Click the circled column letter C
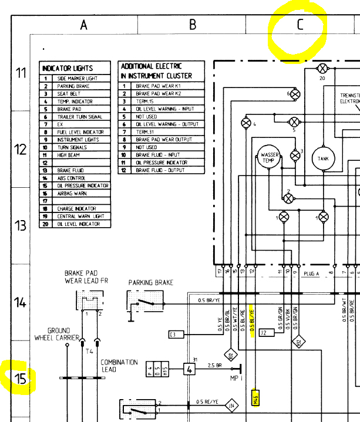tap(300, 25)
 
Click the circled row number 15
tap(21, 379)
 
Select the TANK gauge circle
tap(323, 158)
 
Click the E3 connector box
tap(176, 335)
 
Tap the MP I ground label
tap(236, 379)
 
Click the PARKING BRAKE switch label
tap(151, 283)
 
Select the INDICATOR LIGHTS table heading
tap(68, 68)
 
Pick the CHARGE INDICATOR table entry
tap(76, 208)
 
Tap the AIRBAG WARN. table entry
tap(73, 193)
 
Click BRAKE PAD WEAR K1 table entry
tap(159, 86)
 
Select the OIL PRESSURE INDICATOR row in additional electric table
tap(162, 163)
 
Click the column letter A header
tap(84, 25)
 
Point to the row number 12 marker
tap(21, 149)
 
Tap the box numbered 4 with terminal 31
tap(189, 369)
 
